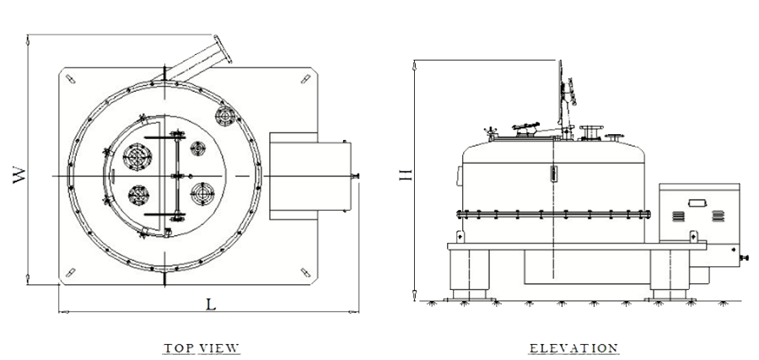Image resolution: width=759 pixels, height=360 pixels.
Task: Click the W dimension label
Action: [x=19, y=175]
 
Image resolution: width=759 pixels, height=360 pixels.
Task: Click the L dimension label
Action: [x=211, y=304]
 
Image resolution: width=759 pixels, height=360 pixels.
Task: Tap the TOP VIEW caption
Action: [x=202, y=348]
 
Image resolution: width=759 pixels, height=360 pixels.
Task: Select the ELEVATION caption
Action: [x=573, y=348]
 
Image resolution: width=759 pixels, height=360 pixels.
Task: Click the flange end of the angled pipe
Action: [x=223, y=50]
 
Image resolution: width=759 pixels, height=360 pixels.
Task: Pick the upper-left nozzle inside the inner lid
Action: [x=137, y=157]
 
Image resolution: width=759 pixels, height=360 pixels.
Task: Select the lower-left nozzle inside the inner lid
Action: [x=138, y=196]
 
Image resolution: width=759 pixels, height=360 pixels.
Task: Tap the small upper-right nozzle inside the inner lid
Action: [x=197, y=148]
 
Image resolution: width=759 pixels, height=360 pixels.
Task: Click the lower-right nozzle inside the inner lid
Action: [x=202, y=194]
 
